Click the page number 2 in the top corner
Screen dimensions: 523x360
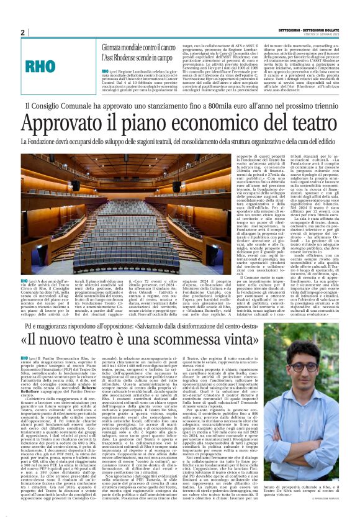(x=22, y=32)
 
